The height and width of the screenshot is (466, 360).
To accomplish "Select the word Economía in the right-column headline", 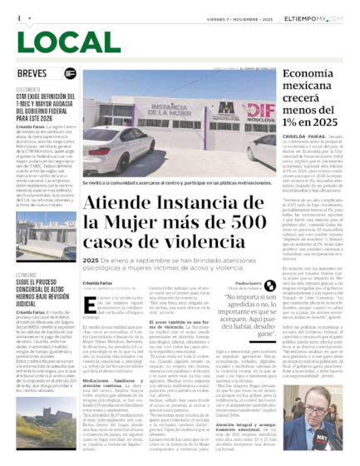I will click(303, 74).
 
